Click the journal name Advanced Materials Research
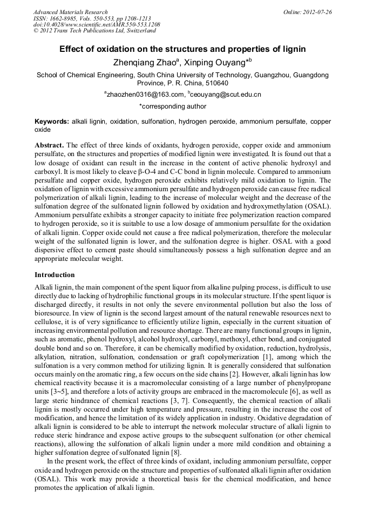coord(70,12)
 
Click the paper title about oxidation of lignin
coord(182,49)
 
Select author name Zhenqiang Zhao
coord(144,62)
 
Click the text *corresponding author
coord(173,106)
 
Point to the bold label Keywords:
coord(52,122)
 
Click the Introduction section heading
coord(55,275)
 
